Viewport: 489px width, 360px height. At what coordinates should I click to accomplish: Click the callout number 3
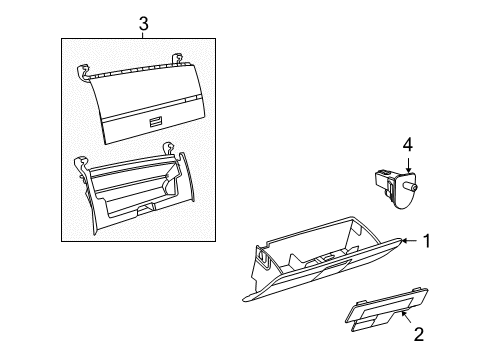click(143, 22)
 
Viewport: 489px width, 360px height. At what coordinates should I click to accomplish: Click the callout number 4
click(407, 146)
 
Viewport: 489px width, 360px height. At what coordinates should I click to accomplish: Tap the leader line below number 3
click(143, 35)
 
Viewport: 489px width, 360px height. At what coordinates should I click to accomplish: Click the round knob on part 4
click(413, 186)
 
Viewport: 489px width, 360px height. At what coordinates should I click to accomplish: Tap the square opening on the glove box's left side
click(261, 261)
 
